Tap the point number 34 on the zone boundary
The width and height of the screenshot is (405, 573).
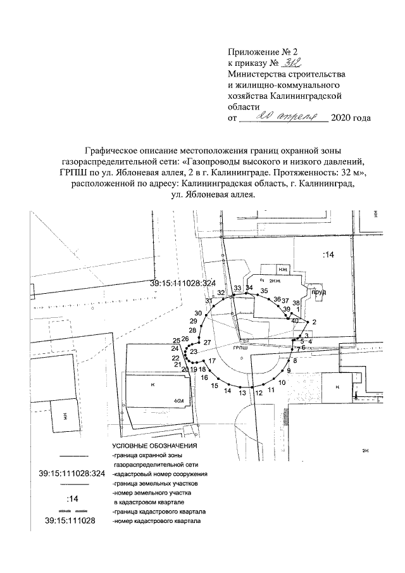pyautogui.click(x=249, y=288)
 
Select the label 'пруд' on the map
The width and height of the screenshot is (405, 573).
pyautogui.click(x=318, y=293)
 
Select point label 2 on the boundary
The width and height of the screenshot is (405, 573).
pyautogui.click(x=315, y=322)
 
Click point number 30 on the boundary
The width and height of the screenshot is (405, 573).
pyautogui.click(x=198, y=313)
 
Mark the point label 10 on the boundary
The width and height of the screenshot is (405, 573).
pyautogui.click(x=282, y=383)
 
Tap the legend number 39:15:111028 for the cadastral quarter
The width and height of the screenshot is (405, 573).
pyautogui.click(x=71, y=521)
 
